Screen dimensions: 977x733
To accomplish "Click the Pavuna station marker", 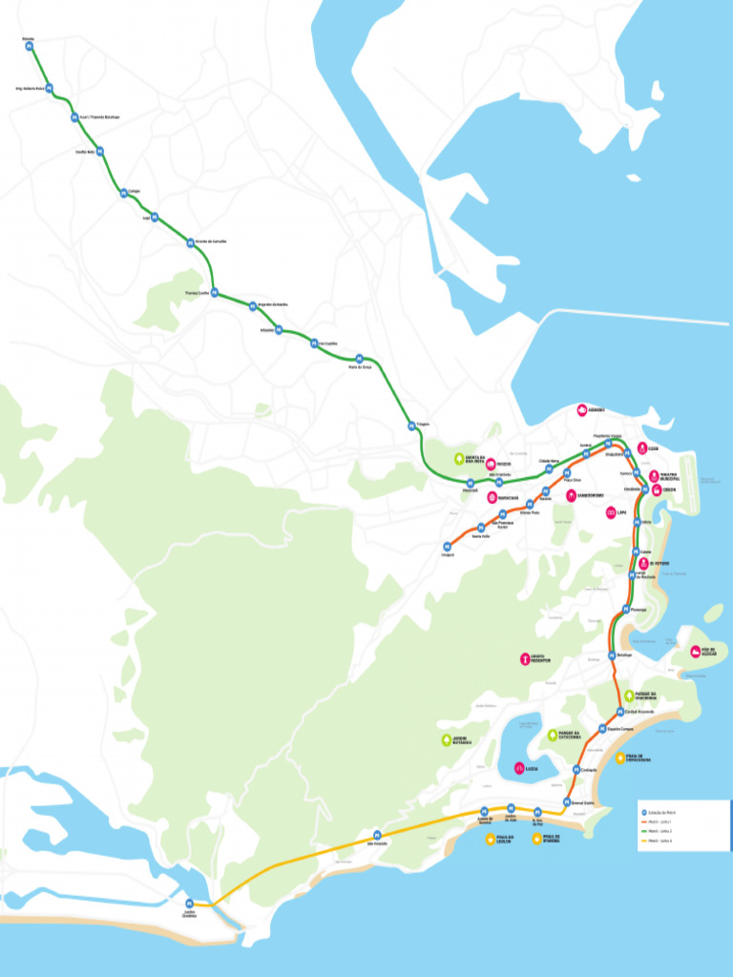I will [30, 46].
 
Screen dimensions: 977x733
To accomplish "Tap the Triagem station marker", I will [411, 426].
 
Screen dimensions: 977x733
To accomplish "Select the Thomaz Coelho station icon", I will [214, 293].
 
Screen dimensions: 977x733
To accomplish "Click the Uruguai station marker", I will [447, 547].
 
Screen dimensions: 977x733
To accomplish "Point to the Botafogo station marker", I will [610, 655].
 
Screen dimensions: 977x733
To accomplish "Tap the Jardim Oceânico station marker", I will [189, 904].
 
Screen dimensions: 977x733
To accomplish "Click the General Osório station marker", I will [567, 802].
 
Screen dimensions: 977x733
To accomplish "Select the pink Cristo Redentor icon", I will [524, 658].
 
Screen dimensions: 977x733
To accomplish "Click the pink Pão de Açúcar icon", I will [695, 653].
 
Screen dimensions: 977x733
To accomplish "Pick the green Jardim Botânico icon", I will [446, 740].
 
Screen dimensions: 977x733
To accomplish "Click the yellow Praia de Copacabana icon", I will [620, 759].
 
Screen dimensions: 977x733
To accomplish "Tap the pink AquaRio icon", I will [582, 410].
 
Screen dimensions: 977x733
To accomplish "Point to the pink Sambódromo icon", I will [571, 495].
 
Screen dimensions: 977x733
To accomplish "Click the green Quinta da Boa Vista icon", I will [459, 459].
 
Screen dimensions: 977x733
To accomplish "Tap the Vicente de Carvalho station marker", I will [189, 242].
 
